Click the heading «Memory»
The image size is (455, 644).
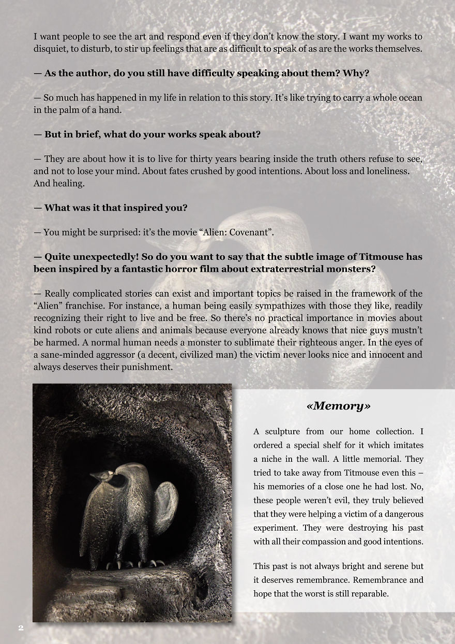tap(338, 406)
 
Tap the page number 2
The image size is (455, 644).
tap(21, 628)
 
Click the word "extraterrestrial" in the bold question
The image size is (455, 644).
tap(275, 269)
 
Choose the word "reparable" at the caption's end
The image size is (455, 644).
tap(369, 593)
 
